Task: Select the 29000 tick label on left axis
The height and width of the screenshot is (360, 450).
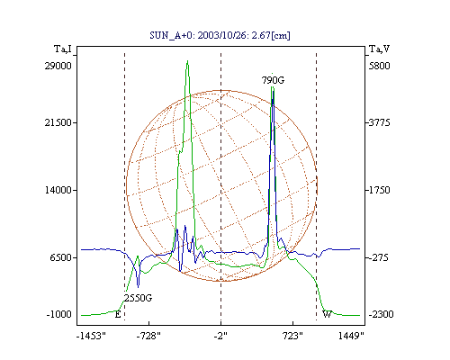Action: pos(58,66)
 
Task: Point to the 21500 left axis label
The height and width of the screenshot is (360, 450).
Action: pos(58,122)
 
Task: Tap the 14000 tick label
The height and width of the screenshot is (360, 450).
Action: pos(58,190)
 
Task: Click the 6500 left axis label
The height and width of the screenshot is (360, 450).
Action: pos(61,257)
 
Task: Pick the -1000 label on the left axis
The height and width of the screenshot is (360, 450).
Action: pos(58,314)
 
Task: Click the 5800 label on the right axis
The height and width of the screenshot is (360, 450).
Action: pos(379,66)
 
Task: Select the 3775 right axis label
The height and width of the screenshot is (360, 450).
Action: pos(379,122)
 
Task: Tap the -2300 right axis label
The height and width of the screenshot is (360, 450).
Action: pos(381,314)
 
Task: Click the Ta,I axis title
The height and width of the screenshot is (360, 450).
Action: pos(63,49)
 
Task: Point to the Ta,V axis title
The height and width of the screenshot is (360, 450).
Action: pos(379,49)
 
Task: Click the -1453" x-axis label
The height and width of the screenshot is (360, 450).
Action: pos(91,336)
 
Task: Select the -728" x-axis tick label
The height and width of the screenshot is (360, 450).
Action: pos(148,336)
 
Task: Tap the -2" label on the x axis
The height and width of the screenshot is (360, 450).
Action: pos(220,336)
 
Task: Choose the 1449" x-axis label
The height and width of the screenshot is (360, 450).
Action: pos(351,336)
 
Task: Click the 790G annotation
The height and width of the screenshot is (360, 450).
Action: pos(273,80)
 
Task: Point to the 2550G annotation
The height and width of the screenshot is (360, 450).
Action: pos(139,298)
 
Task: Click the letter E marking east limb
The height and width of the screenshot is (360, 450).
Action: pos(118,315)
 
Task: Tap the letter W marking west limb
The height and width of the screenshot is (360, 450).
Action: pos(327,314)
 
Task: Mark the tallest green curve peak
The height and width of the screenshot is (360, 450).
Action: pos(187,61)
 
